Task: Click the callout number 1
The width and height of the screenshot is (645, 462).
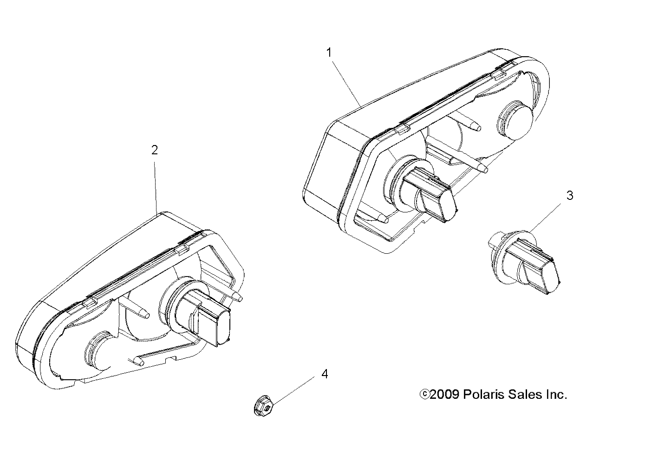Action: coord(329,53)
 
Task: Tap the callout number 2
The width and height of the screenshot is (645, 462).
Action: coord(155,150)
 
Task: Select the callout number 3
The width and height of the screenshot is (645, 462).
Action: coord(570,196)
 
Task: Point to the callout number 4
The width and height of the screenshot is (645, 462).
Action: coord(325,374)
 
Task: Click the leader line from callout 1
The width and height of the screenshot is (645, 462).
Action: coord(347,83)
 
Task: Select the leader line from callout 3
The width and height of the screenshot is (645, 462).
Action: coord(545,217)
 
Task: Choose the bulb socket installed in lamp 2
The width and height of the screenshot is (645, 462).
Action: coord(196,311)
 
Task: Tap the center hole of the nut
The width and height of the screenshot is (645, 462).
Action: coord(267,407)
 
